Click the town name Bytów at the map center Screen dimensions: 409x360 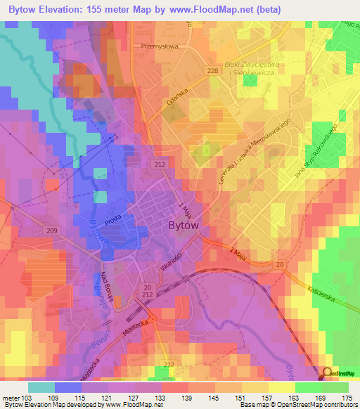click(186, 226)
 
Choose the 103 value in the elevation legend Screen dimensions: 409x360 click(26, 397)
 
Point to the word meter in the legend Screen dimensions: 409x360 click(9, 397)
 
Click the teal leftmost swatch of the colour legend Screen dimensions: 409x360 click(41, 387)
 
